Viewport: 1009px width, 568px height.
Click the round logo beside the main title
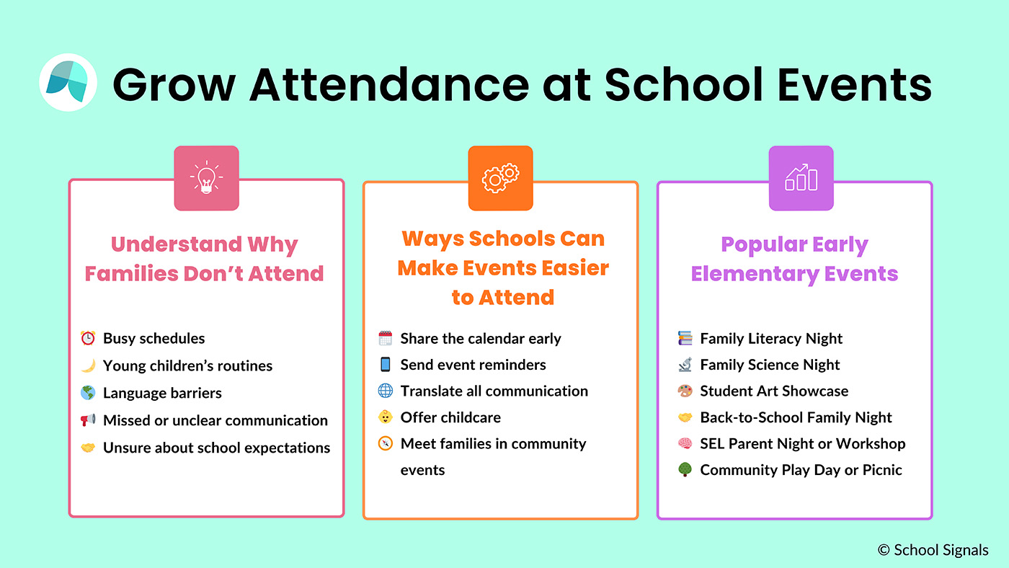(68, 82)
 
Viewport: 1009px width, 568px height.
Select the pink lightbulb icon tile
(206, 178)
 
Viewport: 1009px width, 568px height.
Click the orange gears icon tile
(500, 178)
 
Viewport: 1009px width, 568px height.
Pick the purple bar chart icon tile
(801, 178)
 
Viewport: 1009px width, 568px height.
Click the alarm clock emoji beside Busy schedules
(88, 338)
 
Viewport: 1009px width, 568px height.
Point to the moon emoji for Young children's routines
(88, 365)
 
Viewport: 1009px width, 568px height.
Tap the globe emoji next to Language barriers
(88, 393)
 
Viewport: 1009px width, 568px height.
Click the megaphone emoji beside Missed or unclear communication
(88, 420)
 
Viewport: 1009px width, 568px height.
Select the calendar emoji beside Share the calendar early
(385, 338)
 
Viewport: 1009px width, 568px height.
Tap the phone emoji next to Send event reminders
(385, 365)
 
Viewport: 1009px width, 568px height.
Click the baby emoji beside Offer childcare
(385, 417)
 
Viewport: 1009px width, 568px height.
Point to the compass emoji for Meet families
(385, 443)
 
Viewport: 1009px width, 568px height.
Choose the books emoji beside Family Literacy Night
(685, 338)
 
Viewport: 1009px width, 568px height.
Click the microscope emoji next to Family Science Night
(685, 365)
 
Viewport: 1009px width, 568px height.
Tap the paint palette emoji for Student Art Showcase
(685, 391)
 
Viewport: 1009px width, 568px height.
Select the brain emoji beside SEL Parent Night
(685, 443)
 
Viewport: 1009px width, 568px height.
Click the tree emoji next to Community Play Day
(685, 470)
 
